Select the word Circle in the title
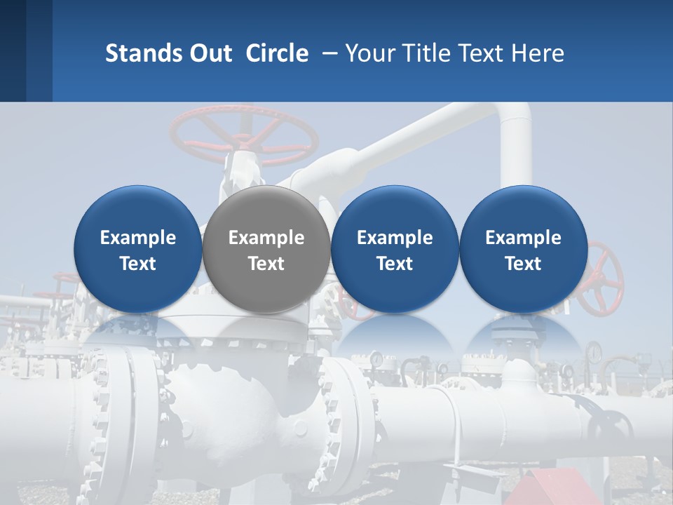click(x=277, y=53)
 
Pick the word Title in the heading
click(x=428, y=53)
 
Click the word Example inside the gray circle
click(x=266, y=238)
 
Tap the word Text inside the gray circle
click(x=266, y=264)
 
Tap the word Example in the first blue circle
click(x=137, y=238)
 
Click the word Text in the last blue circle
click(x=524, y=264)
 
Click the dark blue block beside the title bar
click(x=25, y=50)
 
